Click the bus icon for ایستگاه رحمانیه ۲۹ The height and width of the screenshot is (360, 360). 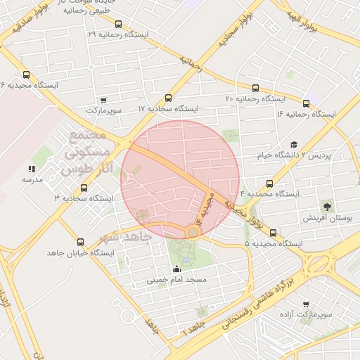tap(117, 24)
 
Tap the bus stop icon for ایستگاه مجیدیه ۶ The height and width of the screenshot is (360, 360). tap(27, 75)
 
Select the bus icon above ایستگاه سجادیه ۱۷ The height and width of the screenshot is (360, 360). tap(167, 98)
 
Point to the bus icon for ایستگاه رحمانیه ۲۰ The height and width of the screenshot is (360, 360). tap(255, 89)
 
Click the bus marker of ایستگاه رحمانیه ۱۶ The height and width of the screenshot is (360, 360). tap(306, 103)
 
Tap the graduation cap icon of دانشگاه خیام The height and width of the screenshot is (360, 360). tap(293, 144)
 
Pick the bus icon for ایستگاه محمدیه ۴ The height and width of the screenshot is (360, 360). tap(270, 183)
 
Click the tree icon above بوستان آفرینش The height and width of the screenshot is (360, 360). tap(327, 206)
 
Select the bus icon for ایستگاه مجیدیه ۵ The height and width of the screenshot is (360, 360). tap(273, 233)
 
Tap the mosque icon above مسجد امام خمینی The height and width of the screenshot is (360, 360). tap(176, 269)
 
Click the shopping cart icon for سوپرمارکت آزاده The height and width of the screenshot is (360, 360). tap(306, 304)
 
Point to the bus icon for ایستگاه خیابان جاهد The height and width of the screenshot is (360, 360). tap(79, 242)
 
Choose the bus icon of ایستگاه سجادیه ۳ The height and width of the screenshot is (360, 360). tap(84, 188)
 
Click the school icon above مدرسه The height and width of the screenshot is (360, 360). tap(32, 169)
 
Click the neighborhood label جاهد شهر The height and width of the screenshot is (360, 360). tap(127, 236)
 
